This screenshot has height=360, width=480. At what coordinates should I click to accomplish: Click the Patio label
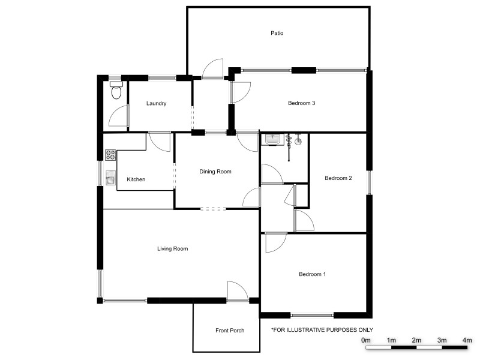click(276, 33)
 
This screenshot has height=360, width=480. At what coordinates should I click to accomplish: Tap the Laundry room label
click(156, 103)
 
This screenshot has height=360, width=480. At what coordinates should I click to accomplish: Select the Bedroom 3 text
click(301, 103)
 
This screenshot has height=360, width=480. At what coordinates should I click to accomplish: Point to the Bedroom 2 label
click(338, 178)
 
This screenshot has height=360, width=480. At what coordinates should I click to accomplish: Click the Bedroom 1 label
click(312, 274)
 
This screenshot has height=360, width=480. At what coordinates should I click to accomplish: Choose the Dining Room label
click(215, 172)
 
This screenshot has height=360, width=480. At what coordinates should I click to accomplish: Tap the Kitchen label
click(136, 179)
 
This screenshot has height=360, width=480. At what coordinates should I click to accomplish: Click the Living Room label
click(173, 248)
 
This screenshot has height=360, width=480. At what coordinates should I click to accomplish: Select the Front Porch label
click(230, 331)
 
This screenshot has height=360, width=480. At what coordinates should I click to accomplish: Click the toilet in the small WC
click(116, 91)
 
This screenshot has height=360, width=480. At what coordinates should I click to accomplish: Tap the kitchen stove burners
click(110, 155)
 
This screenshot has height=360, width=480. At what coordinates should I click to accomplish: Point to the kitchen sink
click(110, 178)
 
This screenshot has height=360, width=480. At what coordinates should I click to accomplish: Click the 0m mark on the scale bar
click(365, 340)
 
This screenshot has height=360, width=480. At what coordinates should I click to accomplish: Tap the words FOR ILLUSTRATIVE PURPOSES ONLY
click(322, 329)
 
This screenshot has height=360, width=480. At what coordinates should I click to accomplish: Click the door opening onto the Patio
click(213, 69)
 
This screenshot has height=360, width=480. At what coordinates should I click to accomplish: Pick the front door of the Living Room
click(238, 292)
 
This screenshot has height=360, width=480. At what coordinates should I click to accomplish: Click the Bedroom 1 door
click(275, 242)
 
